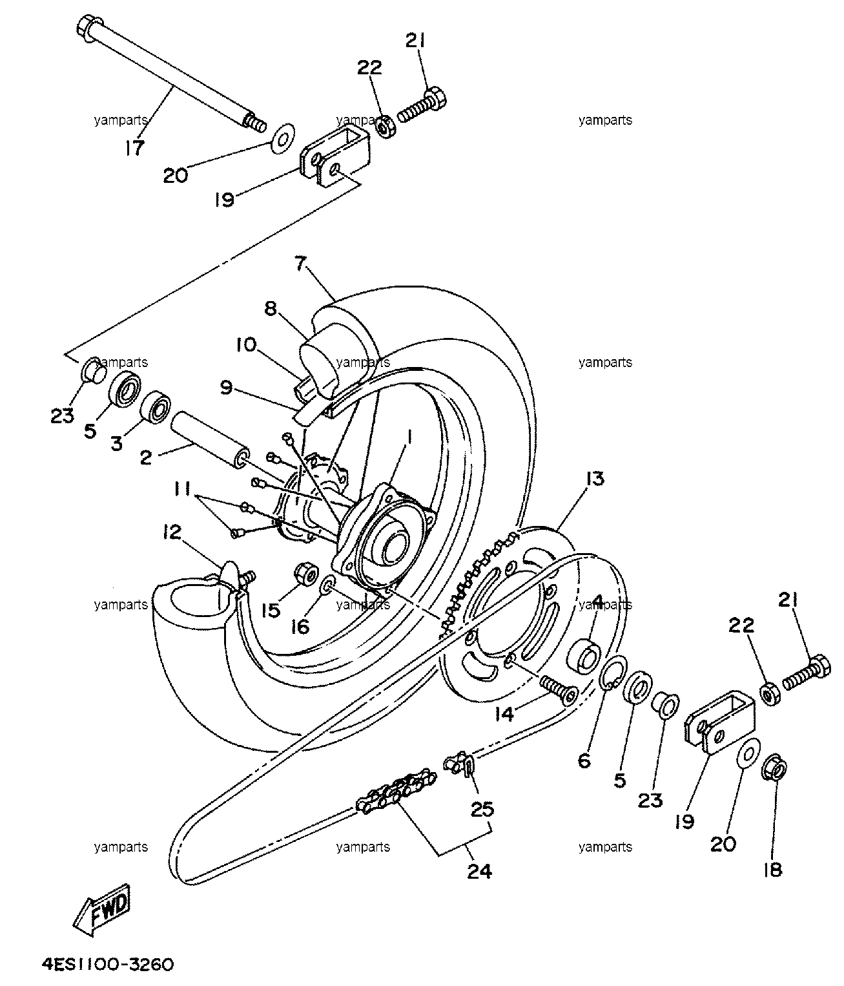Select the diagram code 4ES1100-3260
[x=108, y=964]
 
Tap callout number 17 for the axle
[x=134, y=147]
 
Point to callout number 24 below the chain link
[x=479, y=872]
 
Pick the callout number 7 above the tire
[x=300, y=263]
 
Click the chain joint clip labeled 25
[x=458, y=763]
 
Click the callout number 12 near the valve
[x=172, y=532]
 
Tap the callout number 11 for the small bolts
[x=181, y=489]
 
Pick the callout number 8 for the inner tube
[x=271, y=309]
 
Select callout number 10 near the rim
[x=246, y=344]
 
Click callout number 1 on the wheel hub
[x=409, y=437]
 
